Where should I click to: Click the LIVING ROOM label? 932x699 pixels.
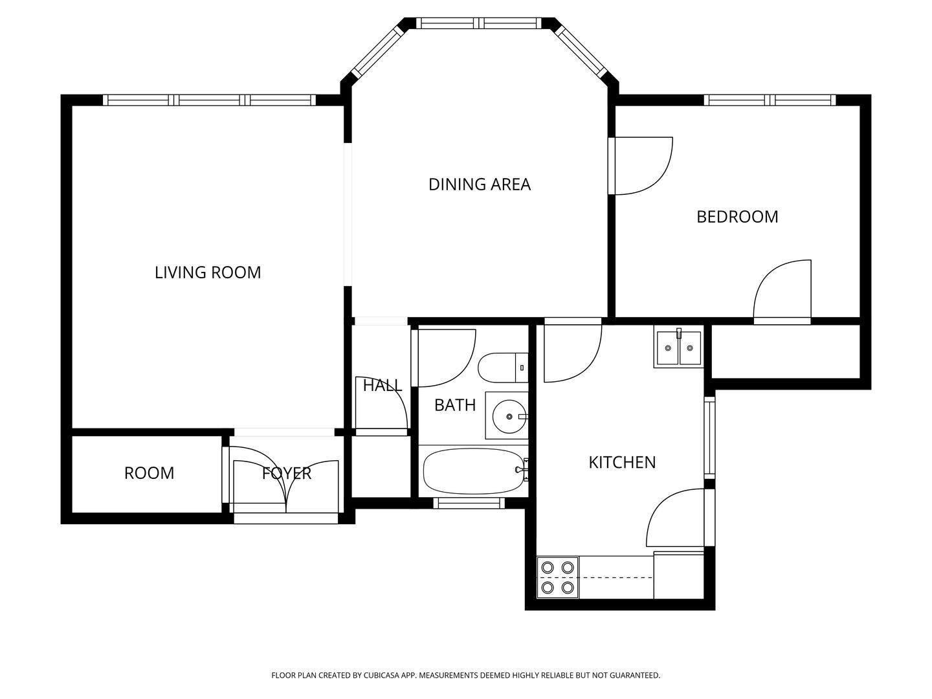tap(208, 272)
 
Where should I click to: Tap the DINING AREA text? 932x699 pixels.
tap(480, 184)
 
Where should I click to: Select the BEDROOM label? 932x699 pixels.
tap(737, 217)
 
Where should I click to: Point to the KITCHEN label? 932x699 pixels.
tap(622, 462)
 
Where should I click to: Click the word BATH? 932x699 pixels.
tap(455, 405)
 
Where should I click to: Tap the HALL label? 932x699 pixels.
tap(382, 385)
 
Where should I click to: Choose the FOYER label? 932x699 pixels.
tap(287, 473)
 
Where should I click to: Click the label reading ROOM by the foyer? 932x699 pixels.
tap(149, 473)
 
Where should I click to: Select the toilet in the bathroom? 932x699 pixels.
tap(503, 368)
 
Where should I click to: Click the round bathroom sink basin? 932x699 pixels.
tap(509, 416)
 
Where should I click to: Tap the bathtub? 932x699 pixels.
tap(474, 471)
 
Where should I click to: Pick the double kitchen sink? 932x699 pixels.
tap(679, 348)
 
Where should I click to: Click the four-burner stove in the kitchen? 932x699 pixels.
tap(557, 577)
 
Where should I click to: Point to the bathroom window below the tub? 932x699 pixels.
tap(469, 503)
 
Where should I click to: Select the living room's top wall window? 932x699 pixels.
tap(209, 100)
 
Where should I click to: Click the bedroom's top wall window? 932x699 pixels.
tap(770, 100)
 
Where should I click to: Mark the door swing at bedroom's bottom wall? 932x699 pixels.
tap(782, 292)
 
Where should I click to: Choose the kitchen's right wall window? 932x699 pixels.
tap(709, 438)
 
